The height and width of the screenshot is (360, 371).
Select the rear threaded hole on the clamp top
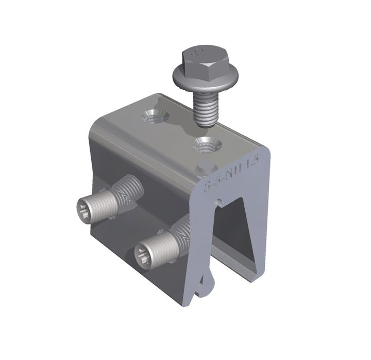click(154, 116)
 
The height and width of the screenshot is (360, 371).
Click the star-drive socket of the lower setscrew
click(143, 253)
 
